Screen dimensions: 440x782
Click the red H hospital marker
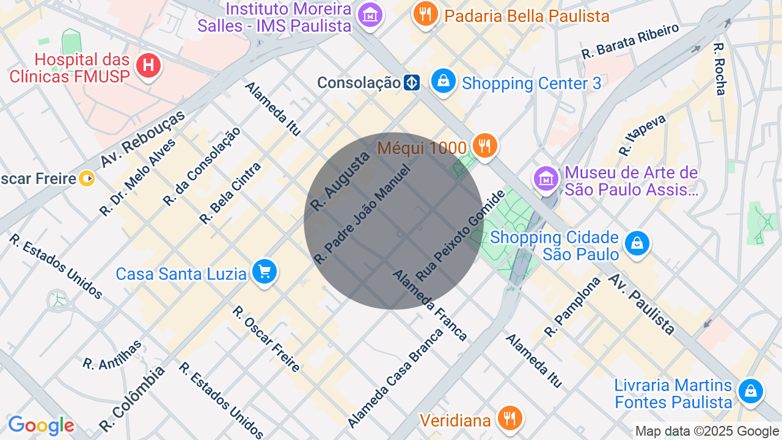pos(148,64)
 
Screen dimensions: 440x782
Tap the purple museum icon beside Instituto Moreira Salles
pos(370,14)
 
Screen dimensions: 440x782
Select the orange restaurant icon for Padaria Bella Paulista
pos(425,13)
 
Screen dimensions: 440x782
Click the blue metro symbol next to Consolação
pos(412,82)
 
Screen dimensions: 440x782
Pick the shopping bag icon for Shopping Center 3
pos(443,81)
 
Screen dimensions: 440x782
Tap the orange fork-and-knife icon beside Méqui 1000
pos(484,146)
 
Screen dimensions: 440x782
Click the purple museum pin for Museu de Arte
pos(546,179)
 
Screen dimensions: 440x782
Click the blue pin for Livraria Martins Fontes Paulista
pos(750,391)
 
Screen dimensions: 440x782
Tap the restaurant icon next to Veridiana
pos(510,419)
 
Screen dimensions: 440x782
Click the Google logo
pos(41,425)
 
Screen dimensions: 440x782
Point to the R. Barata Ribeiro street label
pos(630,41)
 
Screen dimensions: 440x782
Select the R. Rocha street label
pos(720,68)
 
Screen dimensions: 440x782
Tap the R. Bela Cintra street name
pos(230,193)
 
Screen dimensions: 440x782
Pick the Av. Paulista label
pos(641,304)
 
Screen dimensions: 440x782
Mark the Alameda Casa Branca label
pos(395,378)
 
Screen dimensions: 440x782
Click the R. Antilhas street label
pos(112,354)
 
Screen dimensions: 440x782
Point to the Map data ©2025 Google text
pos(707,431)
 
